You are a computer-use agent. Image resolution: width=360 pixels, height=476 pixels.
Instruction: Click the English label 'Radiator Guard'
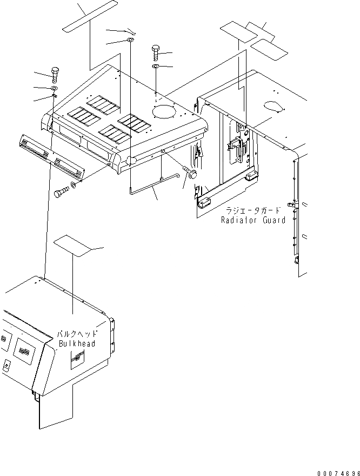coord(252,220)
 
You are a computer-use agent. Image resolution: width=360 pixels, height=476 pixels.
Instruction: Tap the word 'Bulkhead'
coord(76,343)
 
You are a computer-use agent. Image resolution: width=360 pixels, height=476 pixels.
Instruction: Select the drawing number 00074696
coord(338,472)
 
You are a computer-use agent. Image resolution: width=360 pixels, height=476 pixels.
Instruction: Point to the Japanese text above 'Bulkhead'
coord(76,335)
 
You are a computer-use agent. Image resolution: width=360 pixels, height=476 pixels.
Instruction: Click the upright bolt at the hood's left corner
coord(55,72)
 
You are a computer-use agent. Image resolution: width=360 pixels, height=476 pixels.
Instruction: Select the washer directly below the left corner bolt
coord(55,88)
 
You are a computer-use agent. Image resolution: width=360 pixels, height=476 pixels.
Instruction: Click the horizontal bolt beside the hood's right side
coord(189,173)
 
